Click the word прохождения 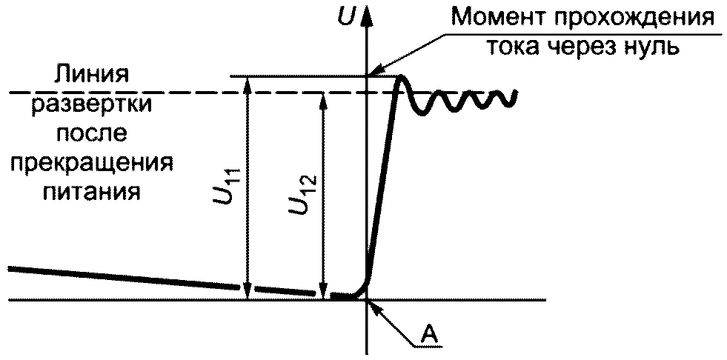click(634, 16)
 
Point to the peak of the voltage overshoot click(401, 79)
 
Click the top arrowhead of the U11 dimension click(248, 82)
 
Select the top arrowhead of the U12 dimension click(323, 98)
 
